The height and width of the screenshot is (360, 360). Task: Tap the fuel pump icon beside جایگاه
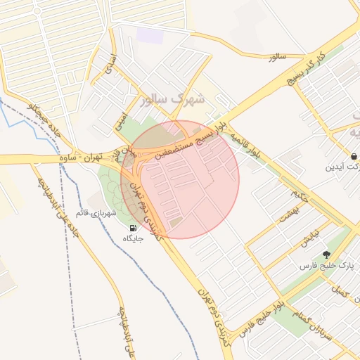pyautogui.click(x=133, y=228)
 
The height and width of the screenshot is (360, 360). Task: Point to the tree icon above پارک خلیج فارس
pyautogui.click(x=326, y=255)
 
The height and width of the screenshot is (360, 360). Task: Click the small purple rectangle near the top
pyautogui.click(x=149, y=34)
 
